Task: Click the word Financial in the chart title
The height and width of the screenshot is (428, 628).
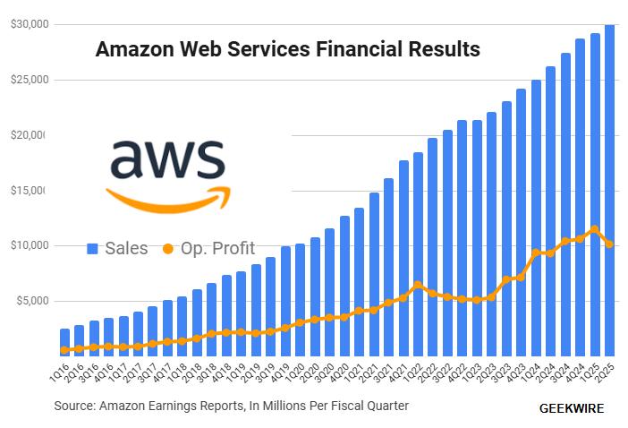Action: coord(357,49)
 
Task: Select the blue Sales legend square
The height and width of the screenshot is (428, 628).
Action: coord(92,248)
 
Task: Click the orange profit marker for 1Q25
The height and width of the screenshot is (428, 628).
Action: coord(595,229)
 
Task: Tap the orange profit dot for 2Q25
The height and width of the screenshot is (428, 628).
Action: coord(609,244)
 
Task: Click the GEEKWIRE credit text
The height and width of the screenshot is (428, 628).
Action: coord(572,408)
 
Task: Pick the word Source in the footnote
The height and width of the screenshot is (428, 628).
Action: coord(74,406)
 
